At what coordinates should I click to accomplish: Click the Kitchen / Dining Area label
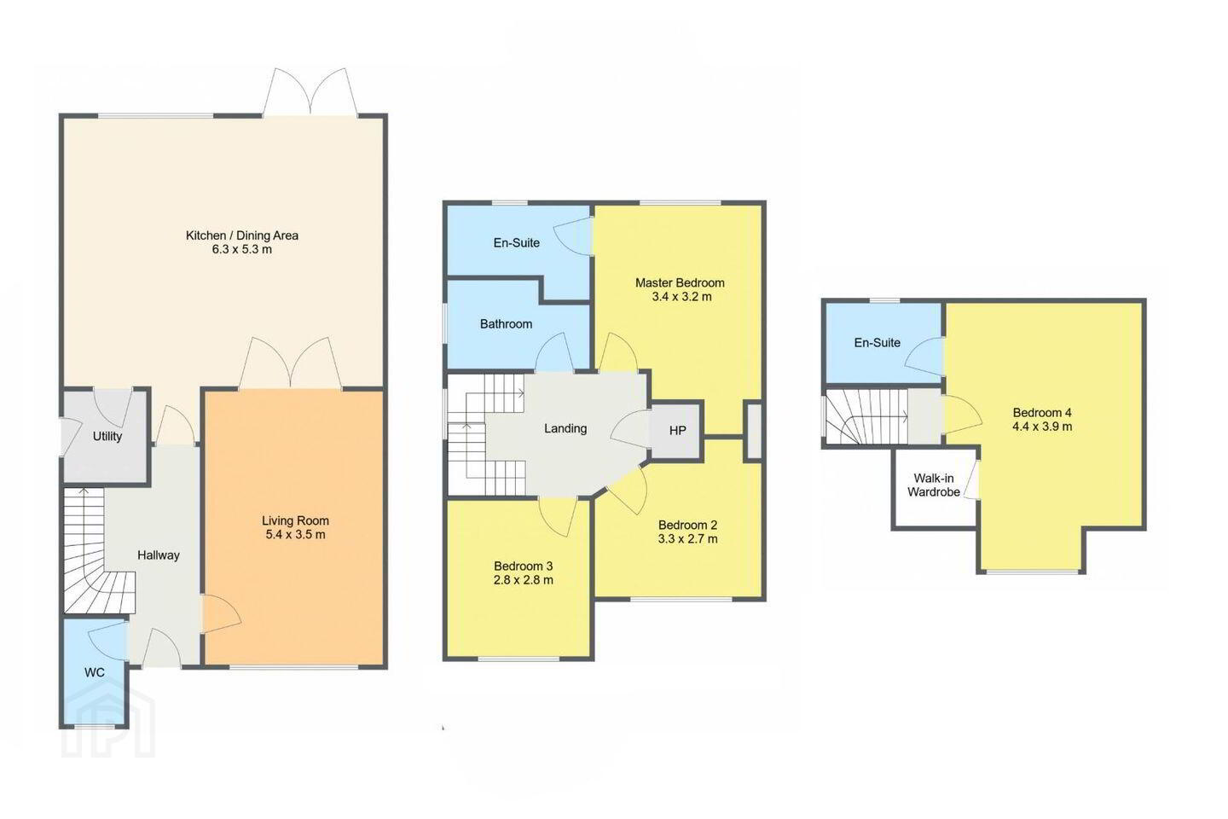(242, 235)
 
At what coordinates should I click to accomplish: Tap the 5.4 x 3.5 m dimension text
(295, 535)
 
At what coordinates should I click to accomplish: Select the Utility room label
(107, 437)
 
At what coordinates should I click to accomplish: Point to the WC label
(95, 672)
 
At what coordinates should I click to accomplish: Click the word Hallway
(159, 555)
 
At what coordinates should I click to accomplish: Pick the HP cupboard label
(678, 431)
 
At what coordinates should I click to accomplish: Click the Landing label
(565, 429)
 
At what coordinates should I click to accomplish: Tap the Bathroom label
(506, 324)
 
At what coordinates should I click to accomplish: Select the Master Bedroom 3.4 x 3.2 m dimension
(682, 298)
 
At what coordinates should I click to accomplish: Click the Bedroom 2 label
(687, 525)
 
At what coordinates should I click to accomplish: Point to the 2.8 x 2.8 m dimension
(524, 580)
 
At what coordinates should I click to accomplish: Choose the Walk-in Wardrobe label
(934, 485)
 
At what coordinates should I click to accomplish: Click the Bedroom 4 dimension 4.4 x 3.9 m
(1042, 427)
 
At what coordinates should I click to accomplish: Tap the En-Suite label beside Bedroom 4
(878, 343)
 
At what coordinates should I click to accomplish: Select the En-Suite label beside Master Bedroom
(517, 243)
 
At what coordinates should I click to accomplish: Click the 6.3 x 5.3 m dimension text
(242, 250)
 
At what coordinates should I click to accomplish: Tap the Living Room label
(295, 521)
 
